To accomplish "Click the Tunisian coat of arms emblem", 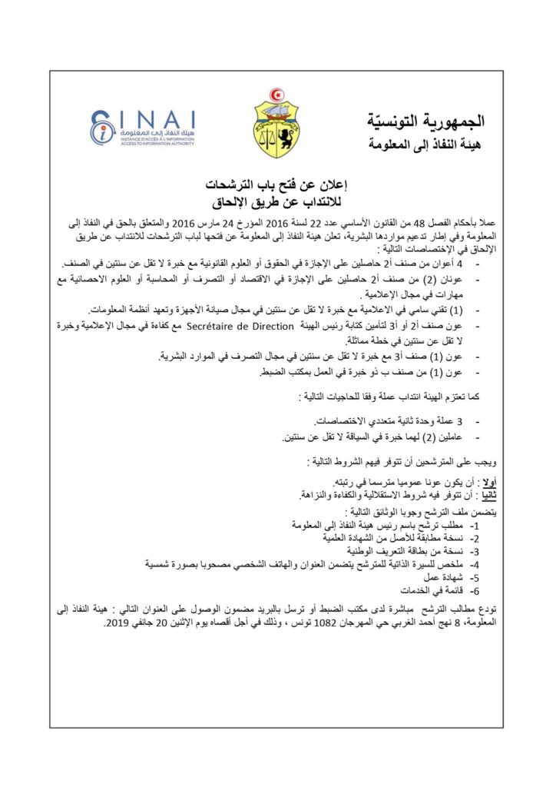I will click(276, 123).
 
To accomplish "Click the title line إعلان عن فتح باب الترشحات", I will click(278, 186).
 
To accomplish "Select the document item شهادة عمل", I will click(445, 577).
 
